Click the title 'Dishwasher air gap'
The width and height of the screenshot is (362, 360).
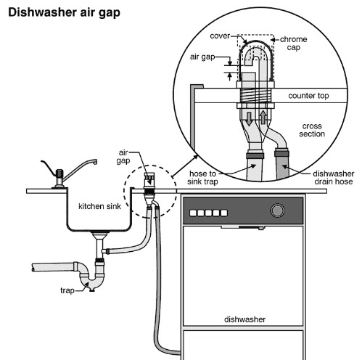[x=64, y=13]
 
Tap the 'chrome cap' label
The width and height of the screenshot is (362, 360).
[x=294, y=44]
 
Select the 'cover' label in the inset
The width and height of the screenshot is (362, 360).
[x=220, y=36]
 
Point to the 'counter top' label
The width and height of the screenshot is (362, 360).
[x=308, y=96]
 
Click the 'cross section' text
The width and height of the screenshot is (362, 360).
[x=312, y=130]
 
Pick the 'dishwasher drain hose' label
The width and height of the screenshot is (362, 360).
[x=334, y=178]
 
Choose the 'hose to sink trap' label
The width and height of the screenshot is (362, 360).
[x=202, y=178]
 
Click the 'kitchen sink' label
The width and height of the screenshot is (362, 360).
[x=99, y=206]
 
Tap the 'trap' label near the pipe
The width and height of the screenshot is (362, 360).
[x=67, y=290]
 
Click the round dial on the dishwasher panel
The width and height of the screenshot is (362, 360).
[x=277, y=210]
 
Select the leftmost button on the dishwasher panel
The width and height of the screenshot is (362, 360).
[x=193, y=213]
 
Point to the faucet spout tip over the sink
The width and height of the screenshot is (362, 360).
[x=95, y=162]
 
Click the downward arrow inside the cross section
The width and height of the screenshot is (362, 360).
[x=249, y=119]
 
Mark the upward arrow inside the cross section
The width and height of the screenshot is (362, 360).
[x=263, y=117]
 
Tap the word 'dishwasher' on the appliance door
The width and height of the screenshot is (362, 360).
[x=244, y=319]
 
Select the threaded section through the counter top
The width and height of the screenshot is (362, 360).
[x=255, y=96]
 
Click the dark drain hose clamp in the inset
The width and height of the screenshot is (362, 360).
[x=281, y=153]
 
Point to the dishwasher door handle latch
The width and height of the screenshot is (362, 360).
[x=252, y=227]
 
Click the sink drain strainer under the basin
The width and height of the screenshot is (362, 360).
[x=99, y=234]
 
